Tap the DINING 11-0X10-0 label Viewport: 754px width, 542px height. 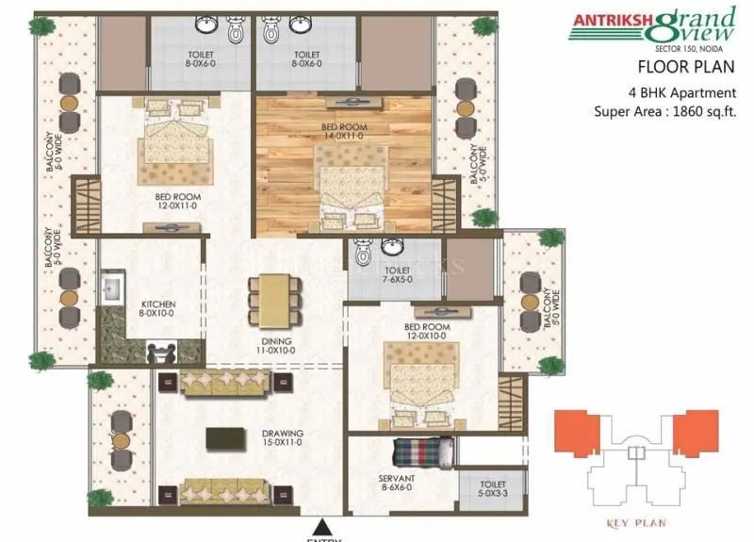coord(277,345)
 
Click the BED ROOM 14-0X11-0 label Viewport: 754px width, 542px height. coord(343,131)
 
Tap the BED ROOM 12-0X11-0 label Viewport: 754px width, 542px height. coord(176,202)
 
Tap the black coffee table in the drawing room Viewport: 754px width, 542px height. coord(222,438)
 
